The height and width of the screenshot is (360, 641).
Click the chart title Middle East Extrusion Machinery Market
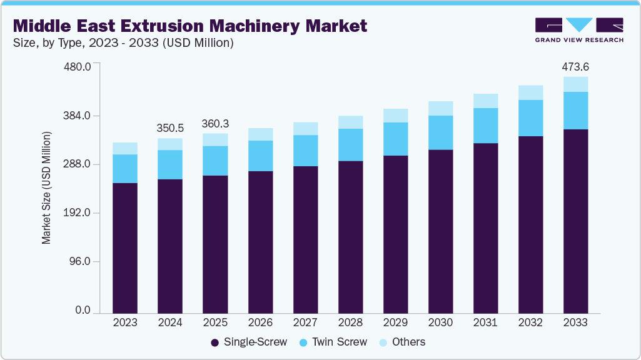(x=190, y=26)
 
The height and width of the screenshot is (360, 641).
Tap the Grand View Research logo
(x=579, y=30)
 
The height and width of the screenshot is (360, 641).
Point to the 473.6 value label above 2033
(x=575, y=67)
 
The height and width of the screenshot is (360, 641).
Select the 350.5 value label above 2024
(x=170, y=128)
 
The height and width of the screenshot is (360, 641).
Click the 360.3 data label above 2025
(x=215, y=123)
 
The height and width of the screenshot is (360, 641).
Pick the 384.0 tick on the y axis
(x=77, y=116)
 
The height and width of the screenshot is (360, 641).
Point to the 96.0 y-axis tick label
(x=79, y=261)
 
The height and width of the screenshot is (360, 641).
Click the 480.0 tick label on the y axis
(x=77, y=67)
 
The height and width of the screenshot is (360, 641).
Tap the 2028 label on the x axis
(x=350, y=322)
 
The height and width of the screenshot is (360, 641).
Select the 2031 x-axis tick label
(x=485, y=322)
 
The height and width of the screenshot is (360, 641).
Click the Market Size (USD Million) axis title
(x=47, y=188)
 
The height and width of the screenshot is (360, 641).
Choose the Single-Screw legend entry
(x=248, y=342)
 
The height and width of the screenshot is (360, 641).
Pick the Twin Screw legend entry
(x=333, y=342)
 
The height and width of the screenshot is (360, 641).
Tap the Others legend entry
(x=402, y=342)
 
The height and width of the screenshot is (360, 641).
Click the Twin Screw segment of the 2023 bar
(x=125, y=169)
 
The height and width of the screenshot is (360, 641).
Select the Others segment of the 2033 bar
(x=575, y=84)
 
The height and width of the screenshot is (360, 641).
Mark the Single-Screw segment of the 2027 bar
(x=305, y=240)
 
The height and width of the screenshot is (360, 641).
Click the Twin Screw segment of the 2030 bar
(x=441, y=132)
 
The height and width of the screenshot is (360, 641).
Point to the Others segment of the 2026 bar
(x=260, y=134)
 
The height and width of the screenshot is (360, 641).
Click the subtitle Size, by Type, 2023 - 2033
(x=86, y=43)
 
